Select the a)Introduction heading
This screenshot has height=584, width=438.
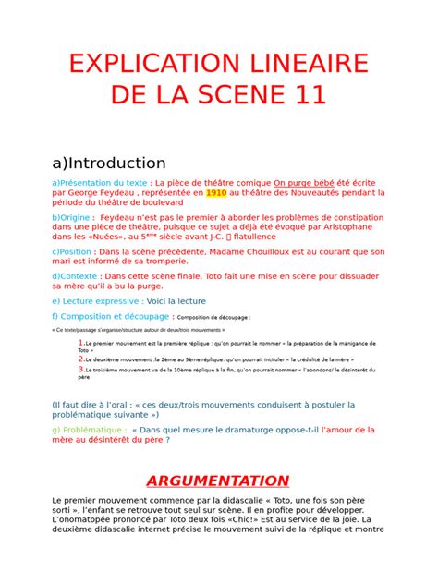click(109, 164)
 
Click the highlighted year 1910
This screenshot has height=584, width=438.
click(216, 194)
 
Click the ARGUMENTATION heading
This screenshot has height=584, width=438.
click(218, 481)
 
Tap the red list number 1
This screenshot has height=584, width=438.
click(81, 342)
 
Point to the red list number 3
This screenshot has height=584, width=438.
click(81, 369)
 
